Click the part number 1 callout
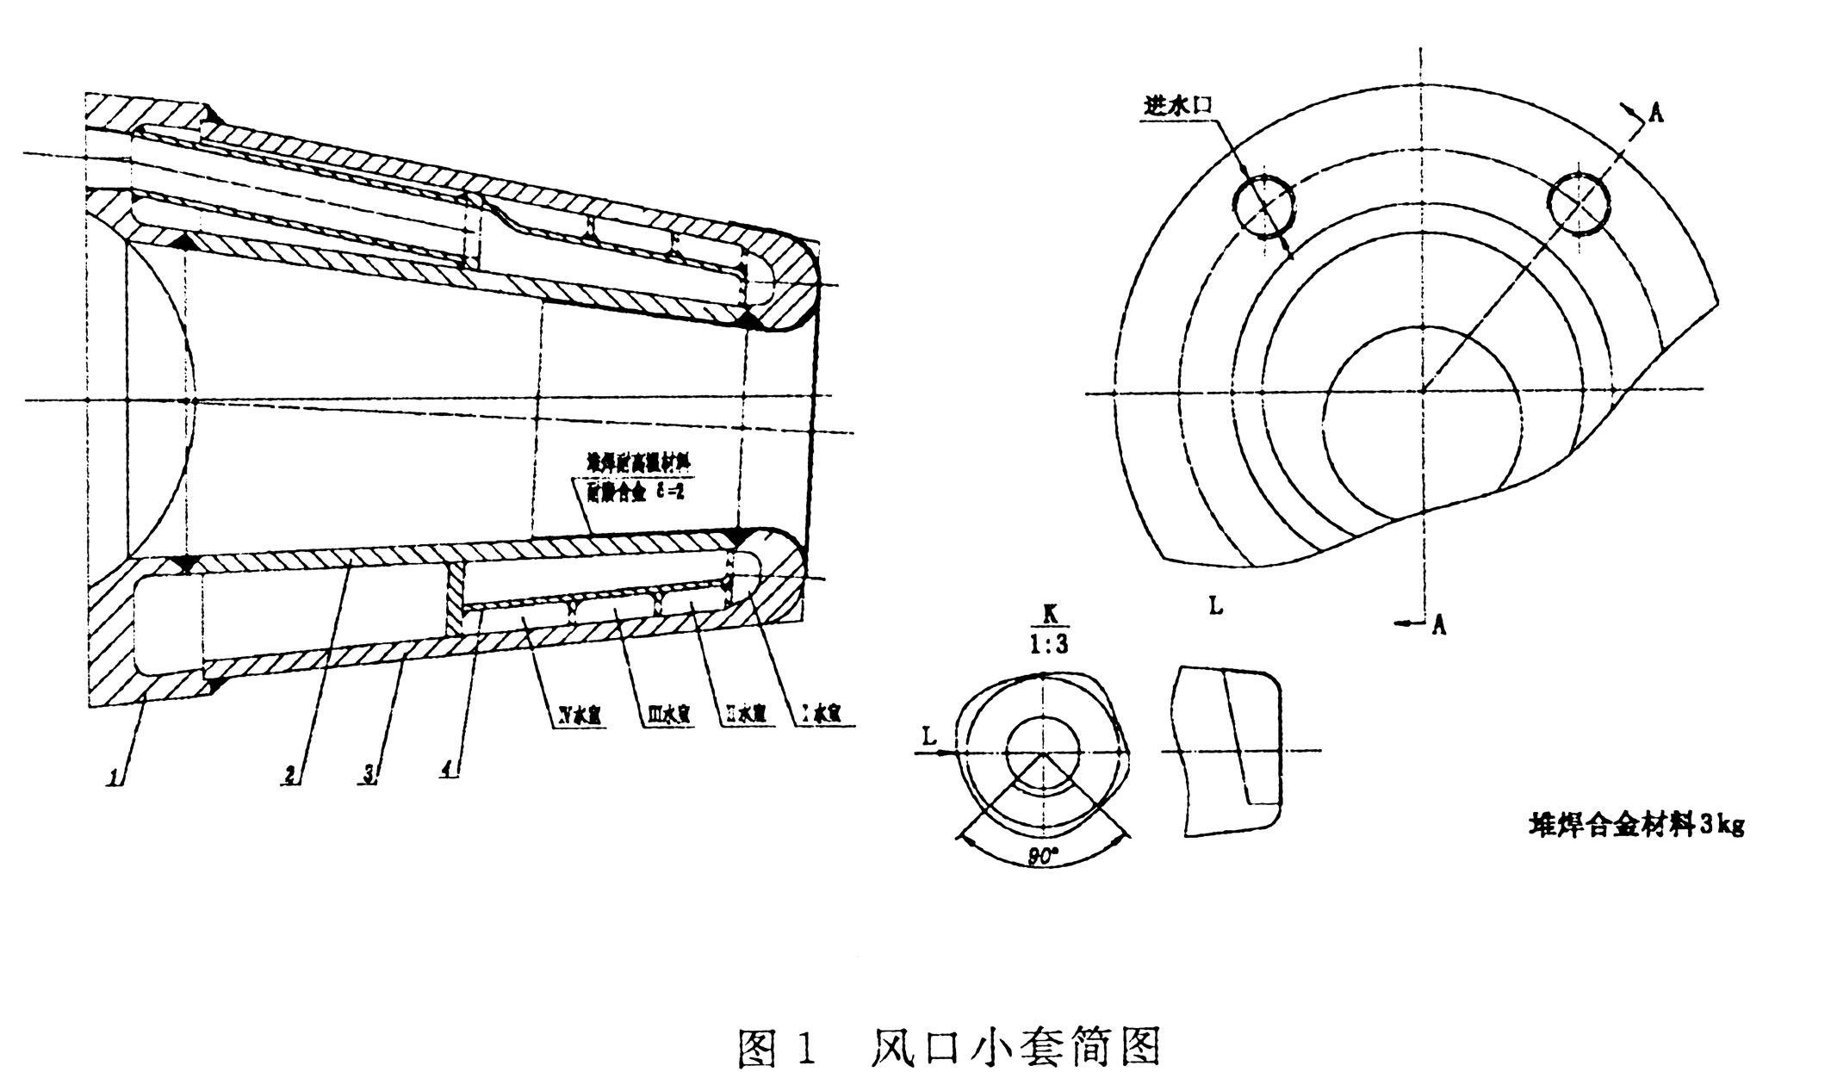(114, 777)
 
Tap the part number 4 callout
(449, 772)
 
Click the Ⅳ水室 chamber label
(578, 715)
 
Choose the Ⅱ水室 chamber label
(742, 715)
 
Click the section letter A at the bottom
(1437, 626)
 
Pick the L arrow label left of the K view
(928, 736)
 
